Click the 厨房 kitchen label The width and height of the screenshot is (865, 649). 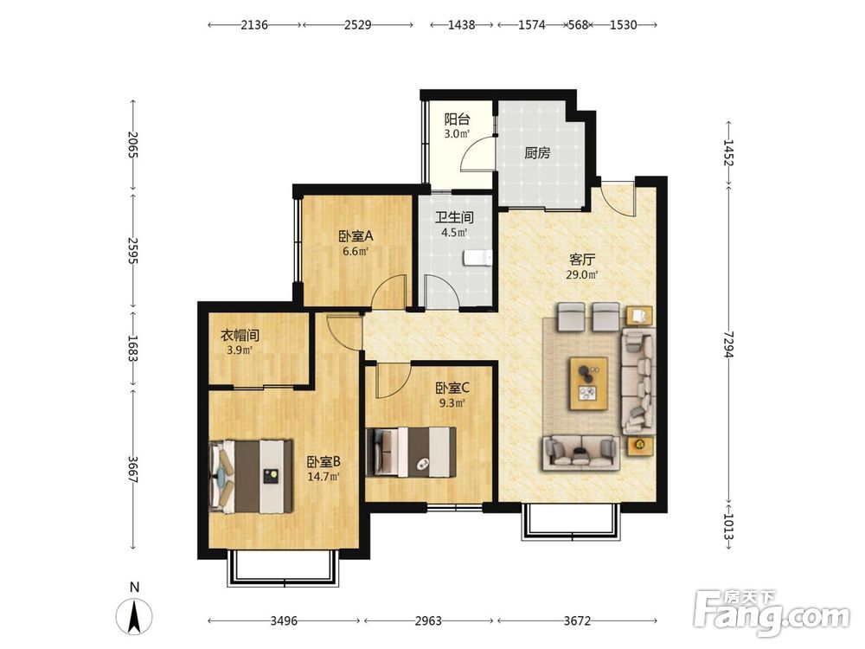(x=537, y=153)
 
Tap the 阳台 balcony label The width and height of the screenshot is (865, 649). (x=457, y=119)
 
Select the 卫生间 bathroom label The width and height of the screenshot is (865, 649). (x=454, y=217)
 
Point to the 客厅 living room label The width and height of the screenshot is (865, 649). (x=582, y=260)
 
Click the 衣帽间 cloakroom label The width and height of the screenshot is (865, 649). (x=240, y=335)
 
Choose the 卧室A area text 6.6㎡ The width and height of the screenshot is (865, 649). (x=356, y=252)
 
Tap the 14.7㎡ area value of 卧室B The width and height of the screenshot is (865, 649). (x=324, y=477)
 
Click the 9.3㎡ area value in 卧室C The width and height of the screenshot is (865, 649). (x=452, y=403)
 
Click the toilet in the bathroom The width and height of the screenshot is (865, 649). (x=477, y=258)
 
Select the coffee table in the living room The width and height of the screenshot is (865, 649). (x=588, y=383)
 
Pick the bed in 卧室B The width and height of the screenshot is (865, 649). (x=251, y=476)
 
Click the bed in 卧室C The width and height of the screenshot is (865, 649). (x=411, y=452)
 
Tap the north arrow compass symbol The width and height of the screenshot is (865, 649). (x=134, y=616)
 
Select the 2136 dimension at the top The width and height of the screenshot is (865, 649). (x=254, y=25)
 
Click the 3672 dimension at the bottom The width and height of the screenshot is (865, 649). (x=577, y=620)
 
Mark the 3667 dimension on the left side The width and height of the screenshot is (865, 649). (x=132, y=469)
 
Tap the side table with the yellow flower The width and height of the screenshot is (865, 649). (x=640, y=446)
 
